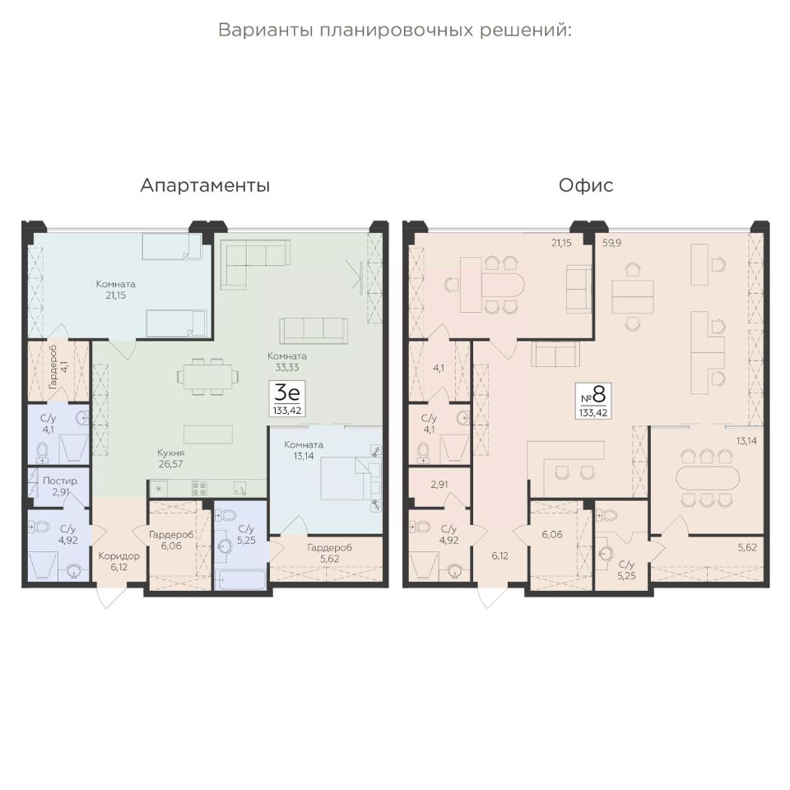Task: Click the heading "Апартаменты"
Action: [x=205, y=185]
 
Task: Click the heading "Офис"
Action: [x=586, y=185]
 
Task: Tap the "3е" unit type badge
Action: [x=287, y=398]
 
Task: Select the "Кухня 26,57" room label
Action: [x=171, y=458]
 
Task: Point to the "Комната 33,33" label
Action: [x=287, y=362]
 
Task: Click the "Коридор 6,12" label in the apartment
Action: [x=118, y=561]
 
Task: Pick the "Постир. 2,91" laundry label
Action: [x=60, y=486]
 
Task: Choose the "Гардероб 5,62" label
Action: [x=329, y=553]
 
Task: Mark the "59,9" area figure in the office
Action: [x=611, y=243]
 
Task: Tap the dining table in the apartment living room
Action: [x=207, y=376]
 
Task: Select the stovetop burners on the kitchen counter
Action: [x=199, y=488]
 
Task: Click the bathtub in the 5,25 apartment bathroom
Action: [x=239, y=579]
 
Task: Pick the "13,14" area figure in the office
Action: [x=746, y=441]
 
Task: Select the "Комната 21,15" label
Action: [x=116, y=290]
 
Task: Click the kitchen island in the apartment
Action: [x=208, y=434]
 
